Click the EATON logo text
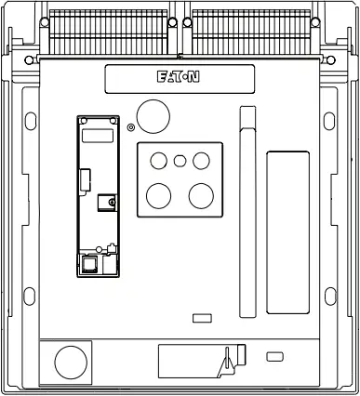(x=179, y=77)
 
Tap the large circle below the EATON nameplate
(x=153, y=116)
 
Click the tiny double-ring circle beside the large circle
(x=131, y=127)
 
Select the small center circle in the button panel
(x=180, y=161)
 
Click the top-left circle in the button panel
(x=158, y=161)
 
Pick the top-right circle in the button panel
(x=201, y=161)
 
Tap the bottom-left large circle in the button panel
(x=158, y=196)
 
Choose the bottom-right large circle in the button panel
(x=201, y=196)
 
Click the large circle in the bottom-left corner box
(x=71, y=363)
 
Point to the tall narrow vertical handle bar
(x=247, y=212)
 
